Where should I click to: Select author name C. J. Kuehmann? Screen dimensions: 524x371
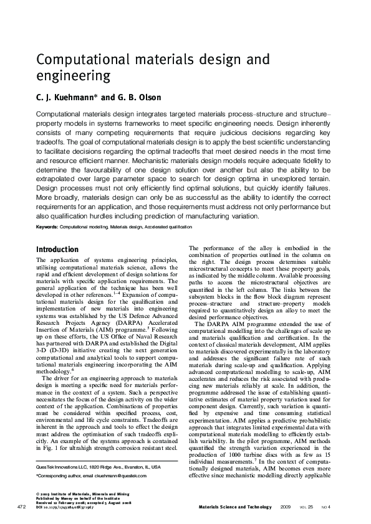pyautogui.click(x=66, y=98)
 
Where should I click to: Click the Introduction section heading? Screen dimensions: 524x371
pyautogui.click(x=57, y=250)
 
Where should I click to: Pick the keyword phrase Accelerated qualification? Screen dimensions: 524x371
pyautogui.click(x=168, y=228)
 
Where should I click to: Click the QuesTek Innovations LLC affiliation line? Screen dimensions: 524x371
pyautogui.click(x=98, y=466)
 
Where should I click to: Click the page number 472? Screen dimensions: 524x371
pyautogui.click(x=22, y=507)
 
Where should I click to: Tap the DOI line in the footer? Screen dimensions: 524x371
pyautogui.click(x=74, y=507)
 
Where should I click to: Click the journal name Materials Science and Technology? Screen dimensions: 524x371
pyautogui.click(x=234, y=507)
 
